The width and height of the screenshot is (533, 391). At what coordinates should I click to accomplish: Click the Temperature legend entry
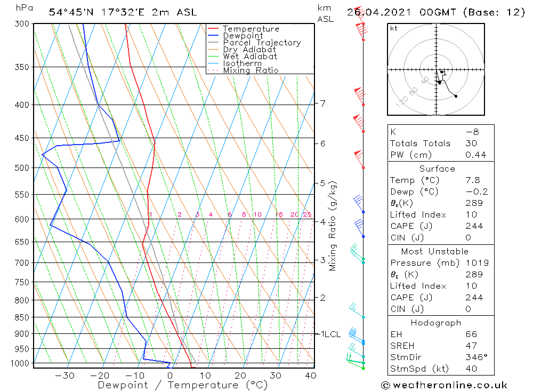tap(251, 29)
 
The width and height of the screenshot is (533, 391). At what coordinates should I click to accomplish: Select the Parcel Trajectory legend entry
tap(262, 43)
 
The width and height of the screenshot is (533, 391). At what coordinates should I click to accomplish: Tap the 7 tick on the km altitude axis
tap(323, 103)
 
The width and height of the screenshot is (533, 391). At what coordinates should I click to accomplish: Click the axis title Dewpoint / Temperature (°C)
tap(182, 385)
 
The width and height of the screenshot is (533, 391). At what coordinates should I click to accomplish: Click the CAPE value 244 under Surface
tap(474, 226)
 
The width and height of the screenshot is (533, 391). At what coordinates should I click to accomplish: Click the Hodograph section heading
tap(436, 323)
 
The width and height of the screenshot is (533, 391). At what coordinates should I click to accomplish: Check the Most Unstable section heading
tap(435, 251)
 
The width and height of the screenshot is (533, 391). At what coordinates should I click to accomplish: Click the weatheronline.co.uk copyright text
tap(444, 385)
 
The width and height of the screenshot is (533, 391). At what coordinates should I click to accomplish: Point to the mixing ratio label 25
tap(307, 214)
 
